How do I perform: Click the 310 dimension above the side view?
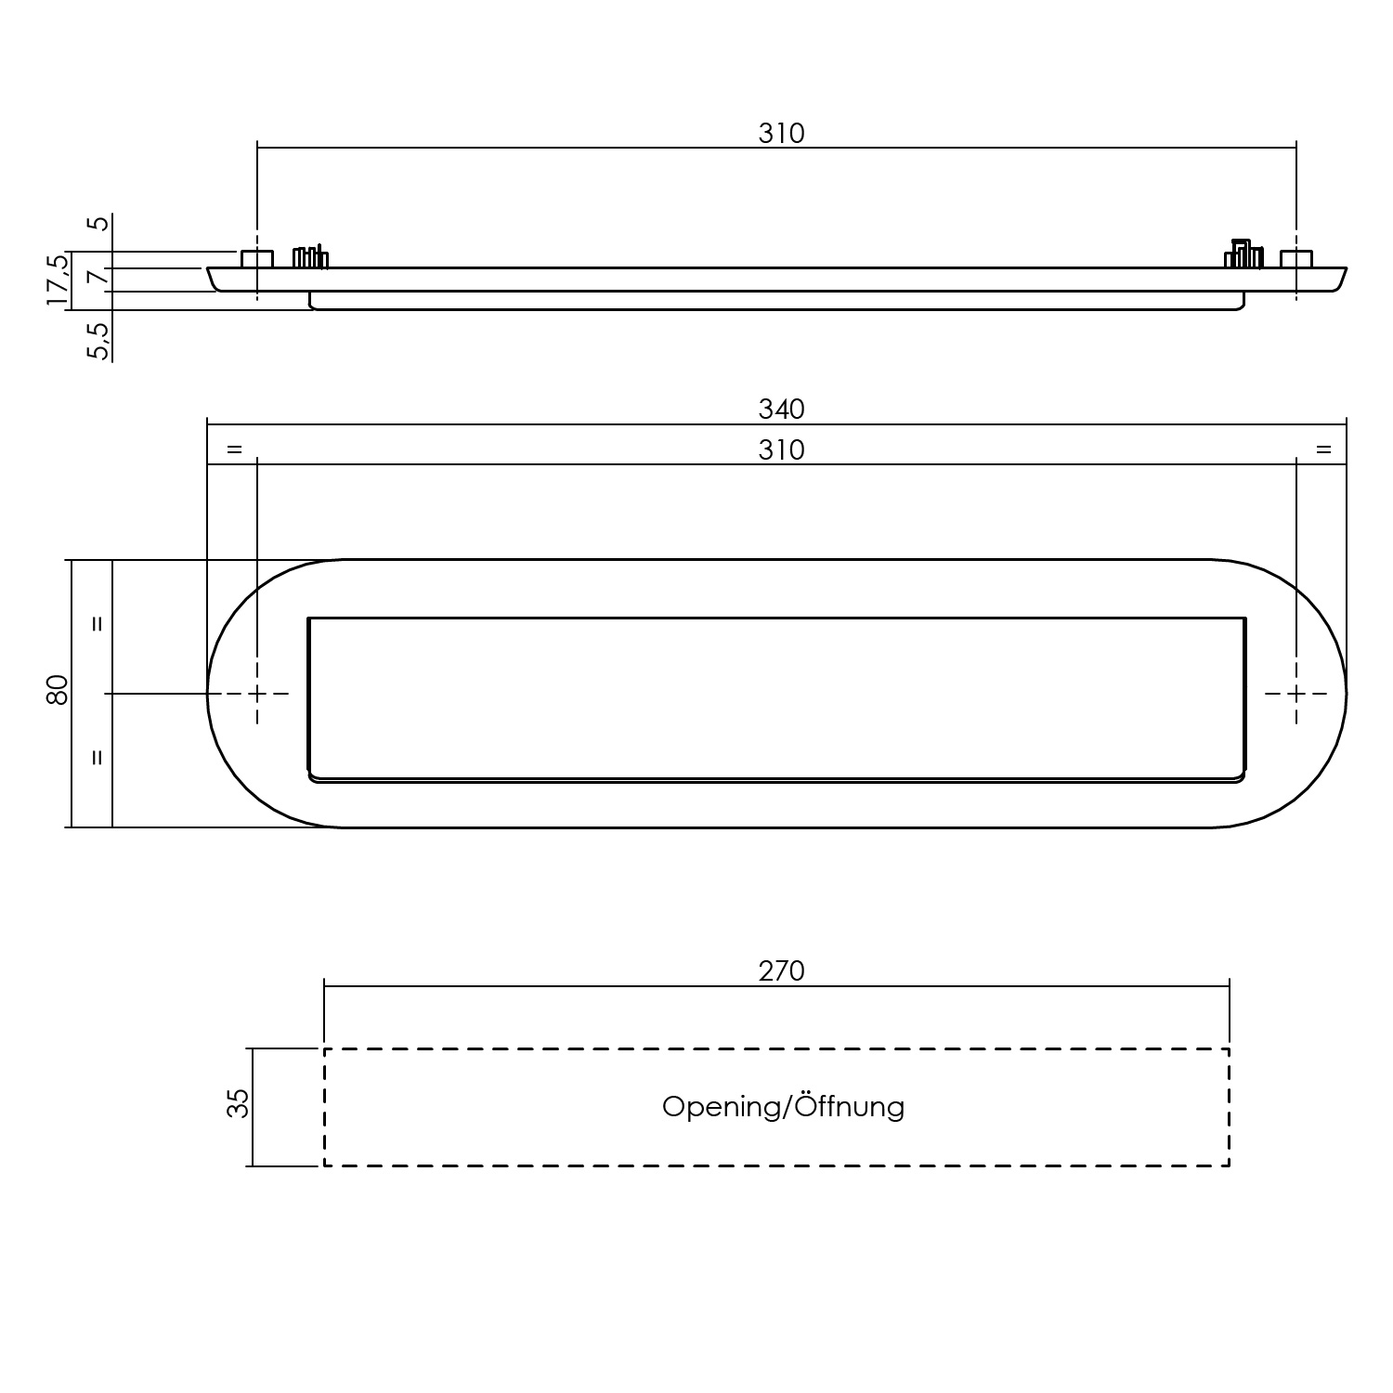(x=781, y=134)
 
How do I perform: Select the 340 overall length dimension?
(x=781, y=409)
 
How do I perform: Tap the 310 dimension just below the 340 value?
(x=781, y=449)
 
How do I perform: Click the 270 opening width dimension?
(x=781, y=970)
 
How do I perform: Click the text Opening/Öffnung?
(x=782, y=1107)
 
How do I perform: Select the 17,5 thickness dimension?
(x=58, y=280)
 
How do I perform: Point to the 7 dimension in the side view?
(x=98, y=277)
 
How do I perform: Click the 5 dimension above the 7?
(x=98, y=223)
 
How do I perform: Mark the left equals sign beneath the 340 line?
(x=234, y=449)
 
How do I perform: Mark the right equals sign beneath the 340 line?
(x=1323, y=449)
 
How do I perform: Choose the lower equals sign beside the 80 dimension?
(x=97, y=758)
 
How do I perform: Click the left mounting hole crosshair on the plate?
(x=257, y=693)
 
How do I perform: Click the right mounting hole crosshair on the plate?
(x=1296, y=693)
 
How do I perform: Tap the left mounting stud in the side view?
(x=257, y=259)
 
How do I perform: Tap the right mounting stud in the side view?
(x=1296, y=259)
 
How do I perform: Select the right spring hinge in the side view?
(x=1243, y=254)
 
